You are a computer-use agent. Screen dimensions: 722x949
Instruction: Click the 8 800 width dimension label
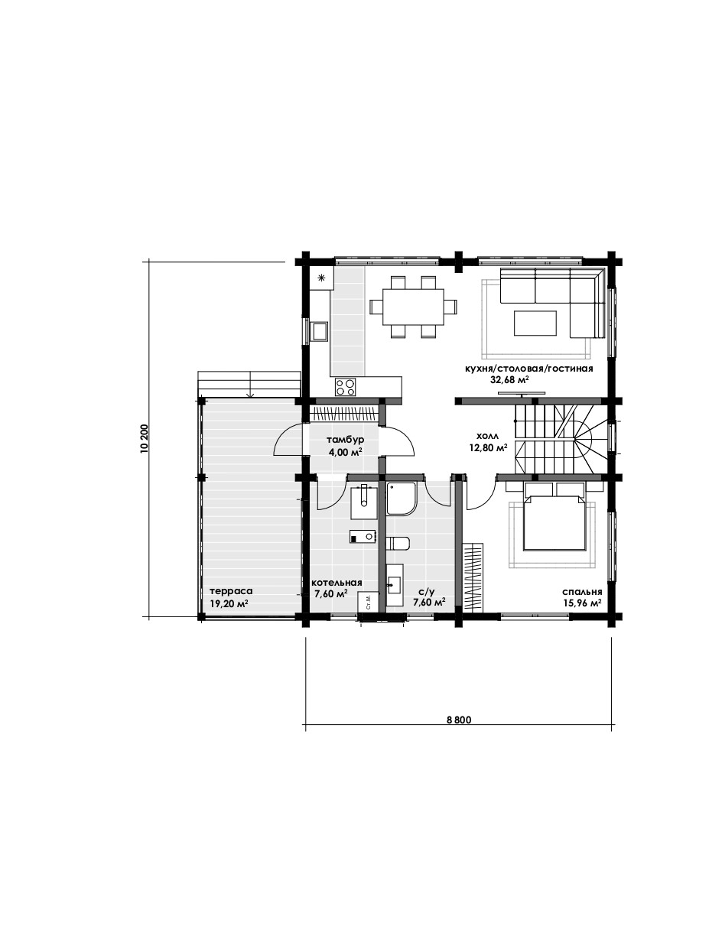coord(459,720)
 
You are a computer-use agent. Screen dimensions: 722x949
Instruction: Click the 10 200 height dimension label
coord(145,439)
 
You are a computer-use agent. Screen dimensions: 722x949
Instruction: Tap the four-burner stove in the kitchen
coord(346,387)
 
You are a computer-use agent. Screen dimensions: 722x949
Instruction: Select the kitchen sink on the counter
coord(320,332)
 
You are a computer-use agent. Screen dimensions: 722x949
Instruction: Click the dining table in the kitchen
coord(413,307)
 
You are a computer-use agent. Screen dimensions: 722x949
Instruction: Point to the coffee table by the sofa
coord(535,323)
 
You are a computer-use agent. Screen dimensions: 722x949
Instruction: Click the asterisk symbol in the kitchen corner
coord(322,278)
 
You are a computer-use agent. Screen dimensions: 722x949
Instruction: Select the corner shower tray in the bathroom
coord(402,499)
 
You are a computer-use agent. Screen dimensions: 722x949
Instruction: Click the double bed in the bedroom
coord(555,517)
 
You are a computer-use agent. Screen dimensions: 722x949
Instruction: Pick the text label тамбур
coord(346,440)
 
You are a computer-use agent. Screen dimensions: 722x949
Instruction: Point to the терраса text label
coord(231,591)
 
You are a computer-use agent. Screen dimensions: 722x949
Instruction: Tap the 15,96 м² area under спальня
coord(582,603)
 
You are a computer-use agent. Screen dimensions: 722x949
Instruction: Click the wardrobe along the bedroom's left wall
coord(475,577)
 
